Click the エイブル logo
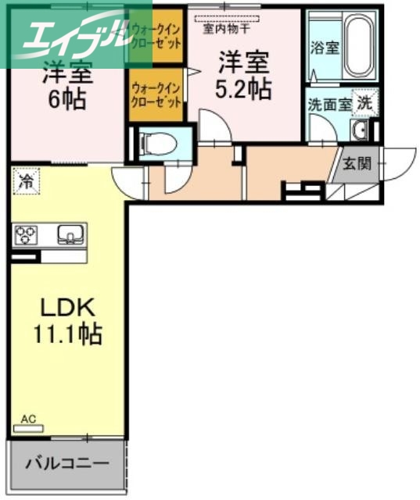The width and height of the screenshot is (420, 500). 66,35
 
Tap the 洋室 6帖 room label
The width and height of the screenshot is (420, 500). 66,88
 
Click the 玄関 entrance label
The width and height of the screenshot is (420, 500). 357,165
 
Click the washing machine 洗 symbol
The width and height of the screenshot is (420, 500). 365,101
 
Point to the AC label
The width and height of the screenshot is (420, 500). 28,420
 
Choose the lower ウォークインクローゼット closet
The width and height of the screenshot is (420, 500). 157,95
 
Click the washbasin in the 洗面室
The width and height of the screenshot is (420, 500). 362,130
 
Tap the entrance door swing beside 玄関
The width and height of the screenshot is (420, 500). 395,164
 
